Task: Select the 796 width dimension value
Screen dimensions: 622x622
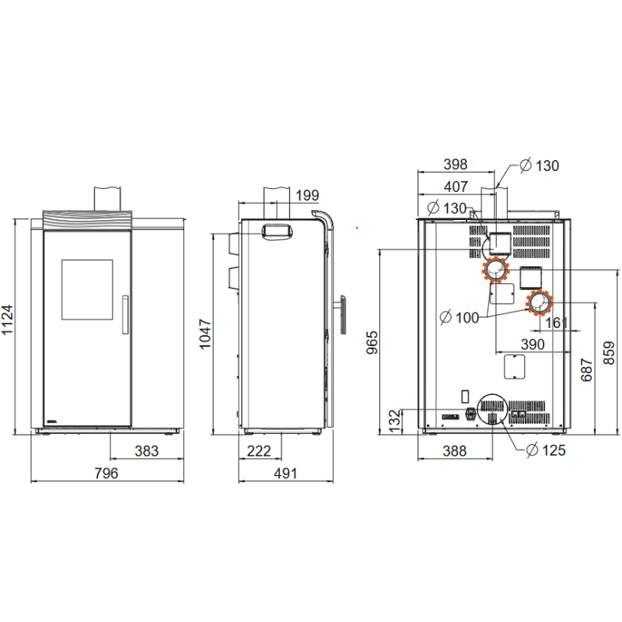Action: click(106, 473)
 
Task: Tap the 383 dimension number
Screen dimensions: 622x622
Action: click(146, 451)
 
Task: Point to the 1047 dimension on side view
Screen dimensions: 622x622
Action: click(204, 334)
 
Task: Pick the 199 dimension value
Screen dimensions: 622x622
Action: click(307, 195)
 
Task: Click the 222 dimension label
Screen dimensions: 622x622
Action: click(259, 451)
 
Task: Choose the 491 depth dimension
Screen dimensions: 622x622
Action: click(285, 473)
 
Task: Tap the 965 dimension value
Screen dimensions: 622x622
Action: click(372, 342)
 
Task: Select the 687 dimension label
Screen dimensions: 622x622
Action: click(586, 370)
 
